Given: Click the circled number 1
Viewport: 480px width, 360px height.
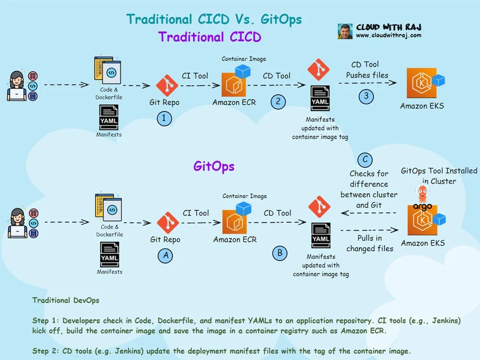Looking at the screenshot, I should coord(164,119).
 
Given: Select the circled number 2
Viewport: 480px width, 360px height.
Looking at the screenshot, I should coord(278,102).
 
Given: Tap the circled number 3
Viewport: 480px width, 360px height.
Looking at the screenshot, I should coord(366,97).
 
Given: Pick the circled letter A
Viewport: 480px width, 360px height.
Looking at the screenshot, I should coord(165,255).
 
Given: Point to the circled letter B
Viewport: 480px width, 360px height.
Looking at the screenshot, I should coord(280,253).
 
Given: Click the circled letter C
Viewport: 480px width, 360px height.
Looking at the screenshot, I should coord(365,159).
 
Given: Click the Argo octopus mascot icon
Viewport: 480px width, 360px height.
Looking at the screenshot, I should coord(422,193).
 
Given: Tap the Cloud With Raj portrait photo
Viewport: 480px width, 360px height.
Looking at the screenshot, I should coord(345,31).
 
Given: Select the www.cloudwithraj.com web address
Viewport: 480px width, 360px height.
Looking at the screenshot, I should coord(389,35).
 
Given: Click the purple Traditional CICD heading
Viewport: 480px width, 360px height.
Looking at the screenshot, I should coord(210,37).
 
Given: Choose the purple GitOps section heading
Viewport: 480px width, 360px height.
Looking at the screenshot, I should coord(214,166).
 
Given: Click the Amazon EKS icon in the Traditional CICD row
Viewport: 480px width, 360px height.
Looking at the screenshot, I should coord(421,83).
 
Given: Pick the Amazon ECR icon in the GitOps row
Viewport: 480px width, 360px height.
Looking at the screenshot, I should coord(235,222).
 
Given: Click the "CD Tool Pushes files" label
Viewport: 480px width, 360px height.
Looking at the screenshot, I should coord(367,69).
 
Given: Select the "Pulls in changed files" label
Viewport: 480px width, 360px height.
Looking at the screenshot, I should coord(370,243).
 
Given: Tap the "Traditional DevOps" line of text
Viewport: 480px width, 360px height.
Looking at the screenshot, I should coord(66,300).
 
